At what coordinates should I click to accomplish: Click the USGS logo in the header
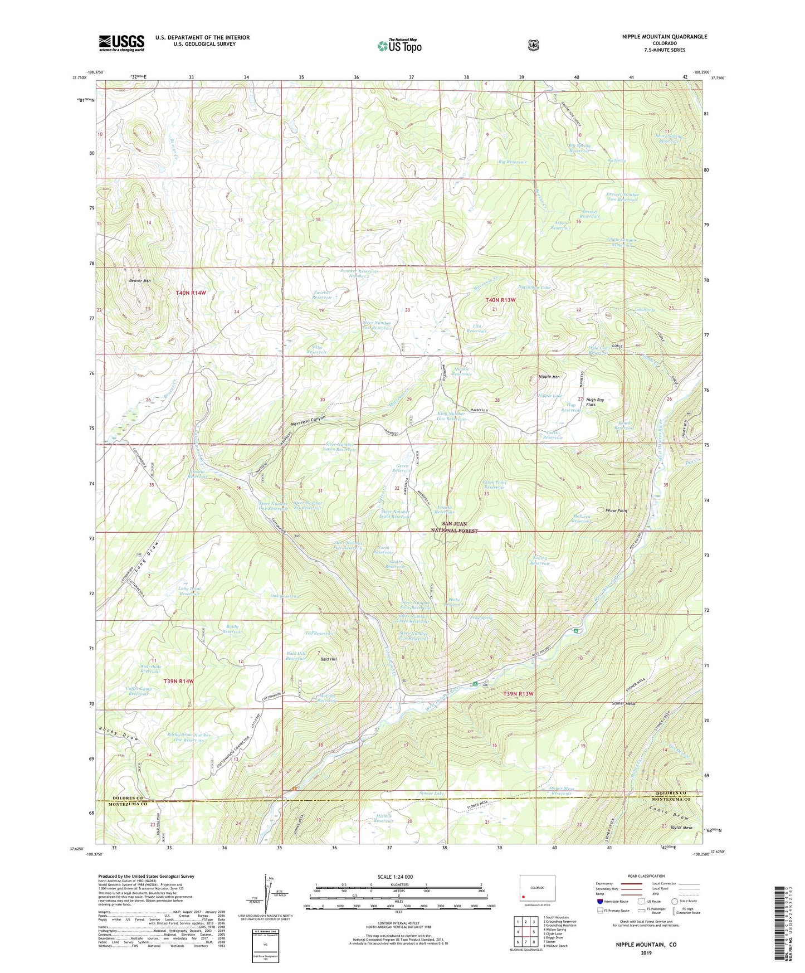pos(121,43)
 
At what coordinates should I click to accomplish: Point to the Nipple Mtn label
pos(549,377)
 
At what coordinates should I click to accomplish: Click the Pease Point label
pos(616,510)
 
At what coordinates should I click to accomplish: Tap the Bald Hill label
pos(328,659)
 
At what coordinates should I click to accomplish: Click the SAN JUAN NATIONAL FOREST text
pos(460,527)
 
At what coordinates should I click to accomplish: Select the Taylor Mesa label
pos(681,828)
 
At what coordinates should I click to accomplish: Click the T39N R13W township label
pos(518,694)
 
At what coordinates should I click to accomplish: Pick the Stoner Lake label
pos(431,793)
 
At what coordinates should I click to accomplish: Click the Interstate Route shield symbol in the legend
pos(599,901)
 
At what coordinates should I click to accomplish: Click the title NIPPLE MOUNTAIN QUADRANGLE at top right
pos(664,37)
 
